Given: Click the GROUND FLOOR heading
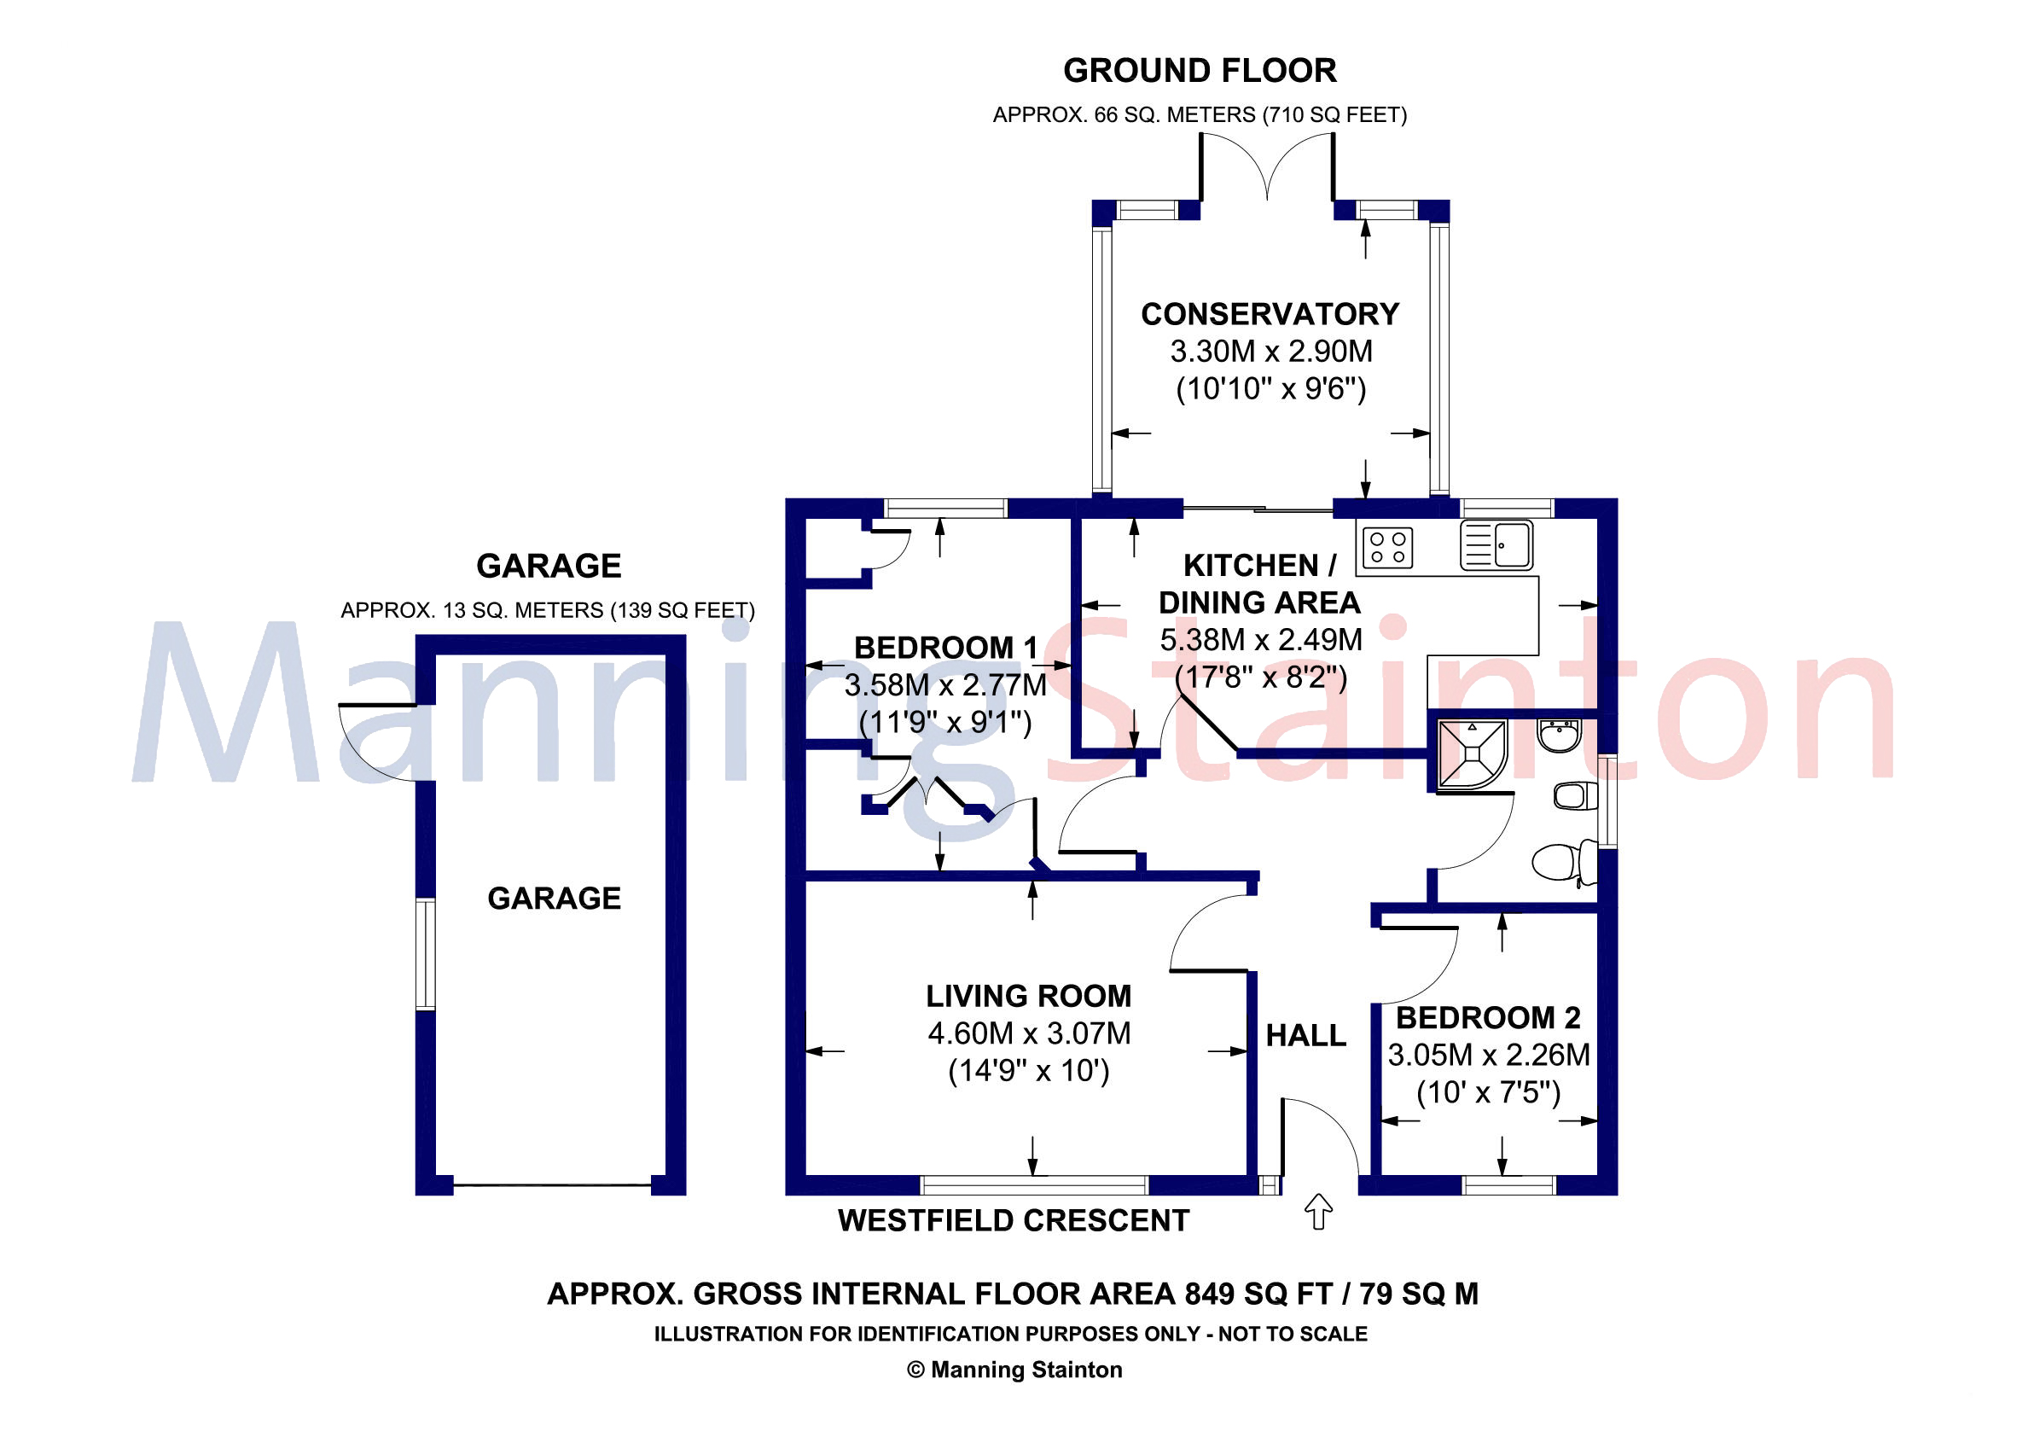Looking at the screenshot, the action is click(1200, 71).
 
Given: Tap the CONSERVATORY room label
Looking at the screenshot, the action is click(1270, 314).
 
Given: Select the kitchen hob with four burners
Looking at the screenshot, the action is click(1387, 547).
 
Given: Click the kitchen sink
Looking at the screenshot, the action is click(1496, 545).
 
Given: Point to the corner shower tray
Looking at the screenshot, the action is click(1472, 754).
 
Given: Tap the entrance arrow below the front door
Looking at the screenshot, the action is click(1319, 1211).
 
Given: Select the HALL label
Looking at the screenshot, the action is click(1305, 1035).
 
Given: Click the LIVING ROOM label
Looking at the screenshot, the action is click(1028, 996).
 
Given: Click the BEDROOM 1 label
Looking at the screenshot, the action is click(945, 648).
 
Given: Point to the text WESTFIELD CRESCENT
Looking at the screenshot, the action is click(1014, 1220).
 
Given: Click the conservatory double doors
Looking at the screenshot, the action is click(1268, 168).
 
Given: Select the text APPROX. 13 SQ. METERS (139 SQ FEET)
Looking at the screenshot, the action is click(548, 610).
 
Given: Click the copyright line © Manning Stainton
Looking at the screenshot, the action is click(1014, 1370).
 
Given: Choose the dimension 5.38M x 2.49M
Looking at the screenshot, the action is click(1261, 640).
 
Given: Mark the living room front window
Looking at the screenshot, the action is click(1034, 1184).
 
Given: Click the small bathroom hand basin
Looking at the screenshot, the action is click(1559, 736).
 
